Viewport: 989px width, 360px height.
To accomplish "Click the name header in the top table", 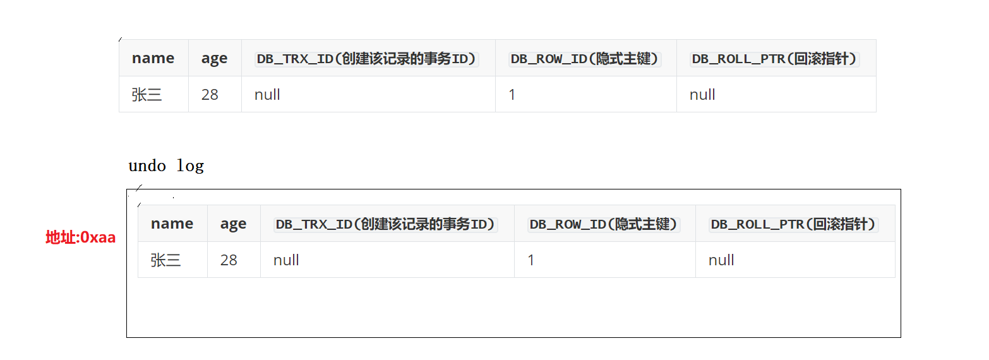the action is (x=153, y=58).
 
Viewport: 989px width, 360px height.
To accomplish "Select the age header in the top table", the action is (x=214, y=58).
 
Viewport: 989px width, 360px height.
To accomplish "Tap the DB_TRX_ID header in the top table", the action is (x=366, y=59).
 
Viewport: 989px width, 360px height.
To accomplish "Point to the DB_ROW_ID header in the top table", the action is (x=585, y=59).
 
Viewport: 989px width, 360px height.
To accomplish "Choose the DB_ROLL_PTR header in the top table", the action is (x=775, y=59).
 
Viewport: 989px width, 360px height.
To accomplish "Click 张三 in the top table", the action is (x=147, y=95).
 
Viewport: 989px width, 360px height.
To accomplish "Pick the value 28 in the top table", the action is (x=210, y=95).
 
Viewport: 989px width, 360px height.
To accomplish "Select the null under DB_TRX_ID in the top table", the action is (x=267, y=95).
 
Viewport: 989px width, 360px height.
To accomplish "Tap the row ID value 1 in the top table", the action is (x=512, y=95).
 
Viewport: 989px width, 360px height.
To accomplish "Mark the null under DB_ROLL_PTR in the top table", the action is (x=702, y=95).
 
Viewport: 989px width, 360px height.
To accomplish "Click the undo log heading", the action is (x=166, y=166).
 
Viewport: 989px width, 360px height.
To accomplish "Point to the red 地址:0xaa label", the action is (x=80, y=237).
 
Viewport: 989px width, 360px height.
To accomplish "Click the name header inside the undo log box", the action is (x=172, y=224).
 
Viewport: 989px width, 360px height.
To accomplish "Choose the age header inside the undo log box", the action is (x=233, y=224).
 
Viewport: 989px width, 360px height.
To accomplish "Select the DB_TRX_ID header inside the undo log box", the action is (x=385, y=224).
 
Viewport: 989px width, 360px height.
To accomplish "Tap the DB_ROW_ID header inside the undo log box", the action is (x=604, y=224).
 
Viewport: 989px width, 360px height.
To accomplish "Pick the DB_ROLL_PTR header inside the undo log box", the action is (x=794, y=224).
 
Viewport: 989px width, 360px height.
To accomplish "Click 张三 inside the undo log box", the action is (x=166, y=260).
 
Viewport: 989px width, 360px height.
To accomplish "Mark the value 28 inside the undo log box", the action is (x=229, y=260).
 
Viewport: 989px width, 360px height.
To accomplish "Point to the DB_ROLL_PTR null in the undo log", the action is (x=721, y=260).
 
